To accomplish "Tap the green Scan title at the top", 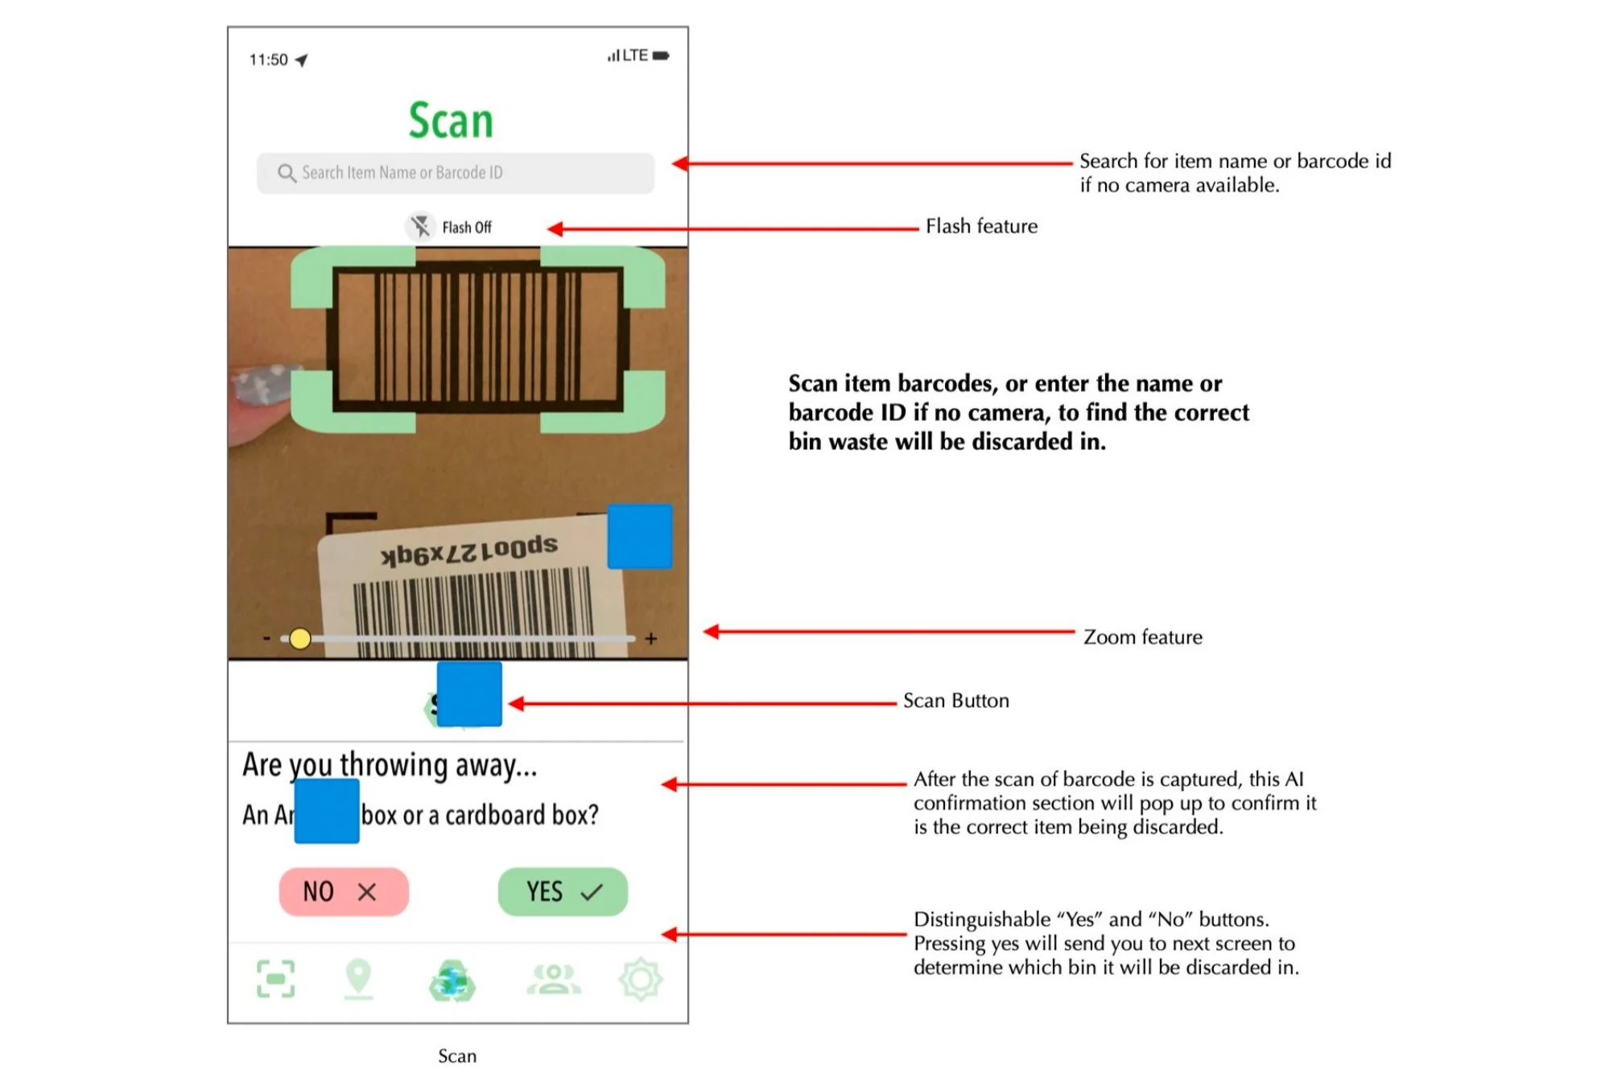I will [x=450, y=121].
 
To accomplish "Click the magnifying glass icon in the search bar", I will [x=286, y=173].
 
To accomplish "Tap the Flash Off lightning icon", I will [x=420, y=226].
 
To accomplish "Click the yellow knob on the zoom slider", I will [x=299, y=638].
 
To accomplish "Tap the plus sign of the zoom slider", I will [x=650, y=638].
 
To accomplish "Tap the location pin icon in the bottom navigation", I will [x=358, y=978].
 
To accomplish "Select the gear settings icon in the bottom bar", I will [x=640, y=979].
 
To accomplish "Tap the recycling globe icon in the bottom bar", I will [x=452, y=980].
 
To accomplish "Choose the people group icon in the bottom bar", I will [x=553, y=979].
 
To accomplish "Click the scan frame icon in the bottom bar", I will [x=275, y=979].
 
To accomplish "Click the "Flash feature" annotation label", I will [x=981, y=226].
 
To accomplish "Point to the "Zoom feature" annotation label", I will [x=1142, y=637].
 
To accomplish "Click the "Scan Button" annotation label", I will [x=955, y=700].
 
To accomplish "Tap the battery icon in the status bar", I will [x=661, y=56].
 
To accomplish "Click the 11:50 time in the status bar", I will [x=268, y=60].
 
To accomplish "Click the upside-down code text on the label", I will [x=469, y=551].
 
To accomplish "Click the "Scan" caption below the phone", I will [x=456, y=1055].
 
